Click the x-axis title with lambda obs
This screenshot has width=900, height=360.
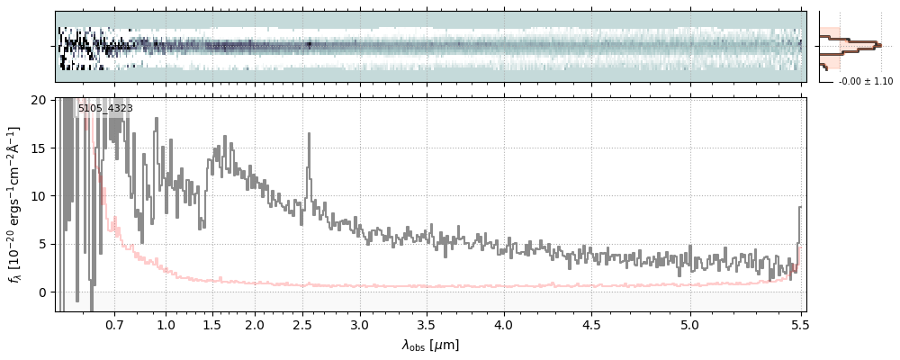coord(430,345)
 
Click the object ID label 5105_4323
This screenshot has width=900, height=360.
coord(105,109)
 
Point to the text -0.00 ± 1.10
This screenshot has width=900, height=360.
coord(865,82)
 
